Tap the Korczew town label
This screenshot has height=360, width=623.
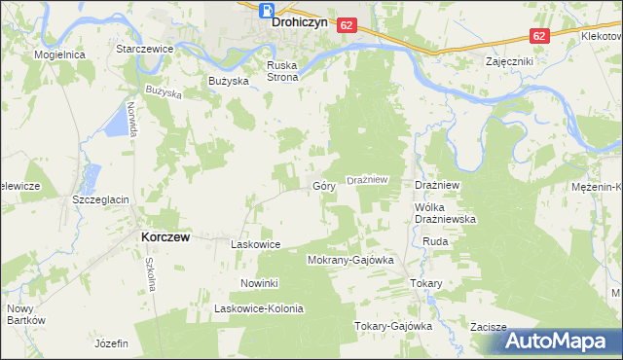165,236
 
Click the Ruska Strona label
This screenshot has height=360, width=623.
282,71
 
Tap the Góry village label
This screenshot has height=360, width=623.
324,185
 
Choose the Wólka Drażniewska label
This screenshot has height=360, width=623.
444,214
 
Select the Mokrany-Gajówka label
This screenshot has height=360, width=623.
349,261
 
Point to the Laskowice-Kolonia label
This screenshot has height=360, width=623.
259,308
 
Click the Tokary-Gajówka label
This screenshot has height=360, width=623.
392,326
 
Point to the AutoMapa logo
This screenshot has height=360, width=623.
560,341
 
